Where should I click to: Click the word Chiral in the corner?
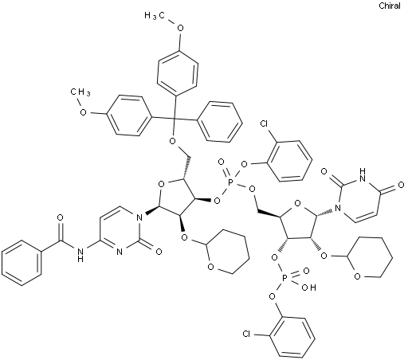click(390, 6)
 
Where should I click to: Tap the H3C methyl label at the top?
click(155, 16)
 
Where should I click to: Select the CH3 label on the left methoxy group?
click(80, 92)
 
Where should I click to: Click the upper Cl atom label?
click(265, 123)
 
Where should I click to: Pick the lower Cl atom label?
click(246, 334)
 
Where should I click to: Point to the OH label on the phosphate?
click(309, 288)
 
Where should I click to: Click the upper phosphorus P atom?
click(230, 182)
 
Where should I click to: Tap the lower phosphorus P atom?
click(284, 278)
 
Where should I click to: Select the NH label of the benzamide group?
click(80, 254)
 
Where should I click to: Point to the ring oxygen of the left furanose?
click(161, 184)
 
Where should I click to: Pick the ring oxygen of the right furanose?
click(298, 204)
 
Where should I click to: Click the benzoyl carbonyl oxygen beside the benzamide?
click(61, 218)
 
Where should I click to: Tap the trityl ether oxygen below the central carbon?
click(173, 141)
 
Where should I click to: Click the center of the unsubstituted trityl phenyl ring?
click(220, 122)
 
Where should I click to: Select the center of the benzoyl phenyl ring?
click(22, 263)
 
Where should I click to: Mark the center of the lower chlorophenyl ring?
click(292, 337)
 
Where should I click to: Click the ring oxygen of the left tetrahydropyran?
click(210, 267)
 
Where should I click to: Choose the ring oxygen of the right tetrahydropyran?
click(357, 277)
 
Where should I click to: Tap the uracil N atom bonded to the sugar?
click(338, 208)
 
